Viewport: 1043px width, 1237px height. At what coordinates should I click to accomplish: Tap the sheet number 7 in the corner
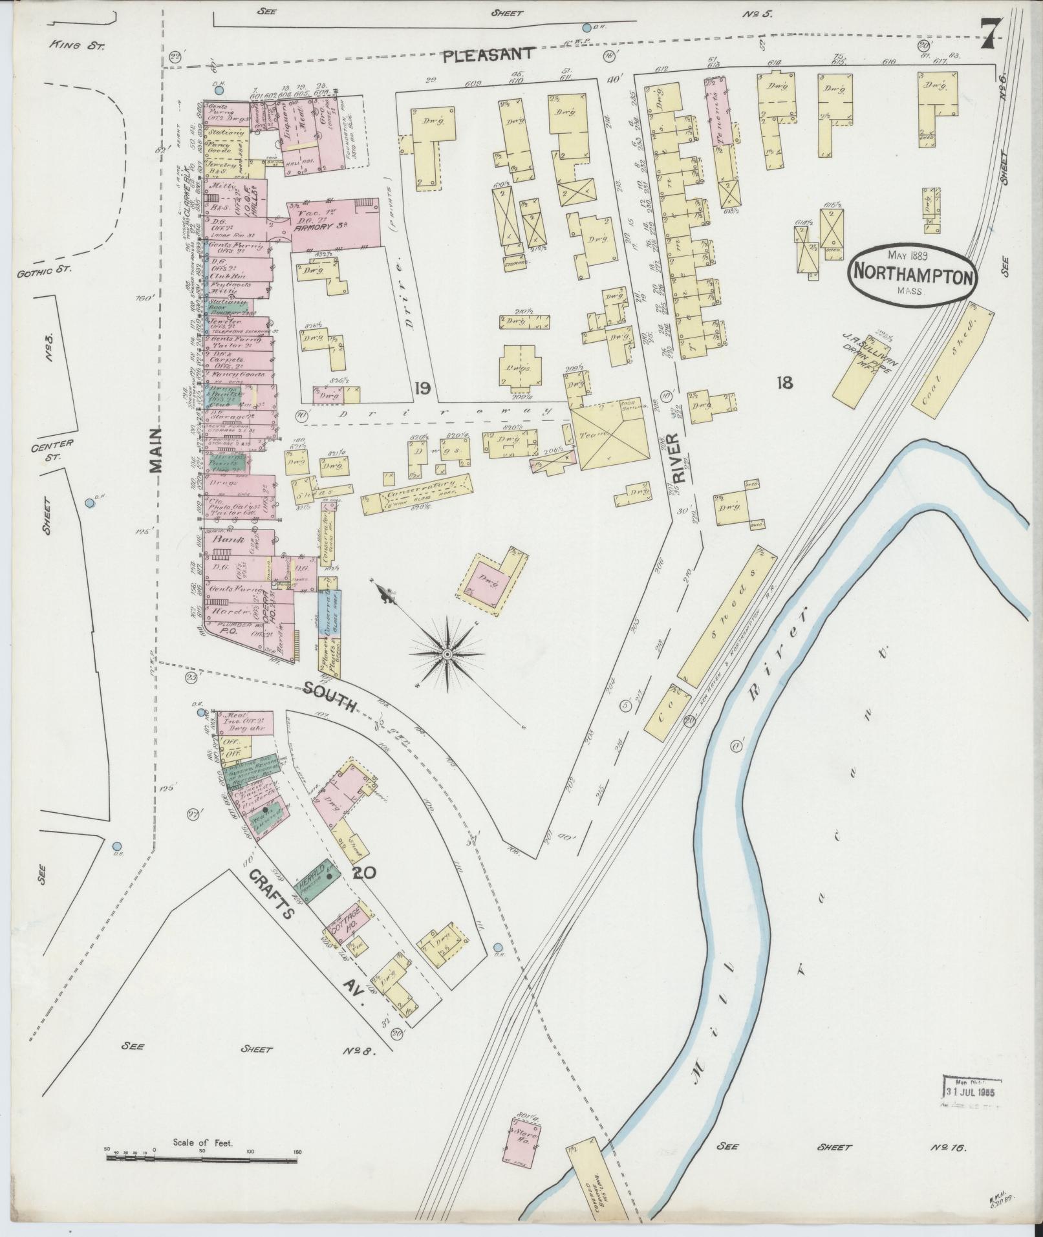pos(991,34)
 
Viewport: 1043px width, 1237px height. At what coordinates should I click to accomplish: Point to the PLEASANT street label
pos(489,54)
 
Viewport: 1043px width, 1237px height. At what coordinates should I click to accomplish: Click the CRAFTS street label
pos(271,894)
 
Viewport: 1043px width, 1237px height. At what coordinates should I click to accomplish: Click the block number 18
pos(784,383)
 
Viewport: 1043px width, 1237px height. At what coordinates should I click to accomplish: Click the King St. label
pos(76,45)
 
